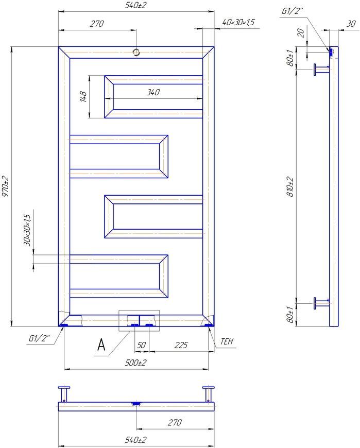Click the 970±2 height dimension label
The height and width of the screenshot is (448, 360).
coord(6,186)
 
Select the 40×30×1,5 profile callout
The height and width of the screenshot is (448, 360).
coord(238,22)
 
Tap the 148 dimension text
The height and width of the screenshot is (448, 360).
coord(83,97)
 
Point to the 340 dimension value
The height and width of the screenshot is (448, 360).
coord(153,92)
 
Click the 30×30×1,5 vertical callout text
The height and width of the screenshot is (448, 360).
coord(27,230)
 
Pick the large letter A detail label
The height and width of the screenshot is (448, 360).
coord(101,344)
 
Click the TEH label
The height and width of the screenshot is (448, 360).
coord(227,341)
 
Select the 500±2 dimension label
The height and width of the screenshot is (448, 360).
coord(136,363)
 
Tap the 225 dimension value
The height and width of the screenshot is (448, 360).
coord(181,345)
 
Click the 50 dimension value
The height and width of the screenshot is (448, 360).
coord(142,345)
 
